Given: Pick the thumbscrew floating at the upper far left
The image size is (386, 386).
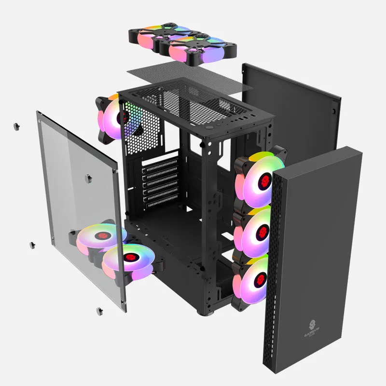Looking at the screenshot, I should click(x=16, y=126).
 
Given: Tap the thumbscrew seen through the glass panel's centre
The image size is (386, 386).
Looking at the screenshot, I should click(x=88, y=178).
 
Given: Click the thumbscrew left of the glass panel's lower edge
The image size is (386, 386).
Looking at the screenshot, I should click(x=31, y=245).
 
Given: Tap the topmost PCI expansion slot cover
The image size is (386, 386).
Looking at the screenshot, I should click(x=160, y=164).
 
